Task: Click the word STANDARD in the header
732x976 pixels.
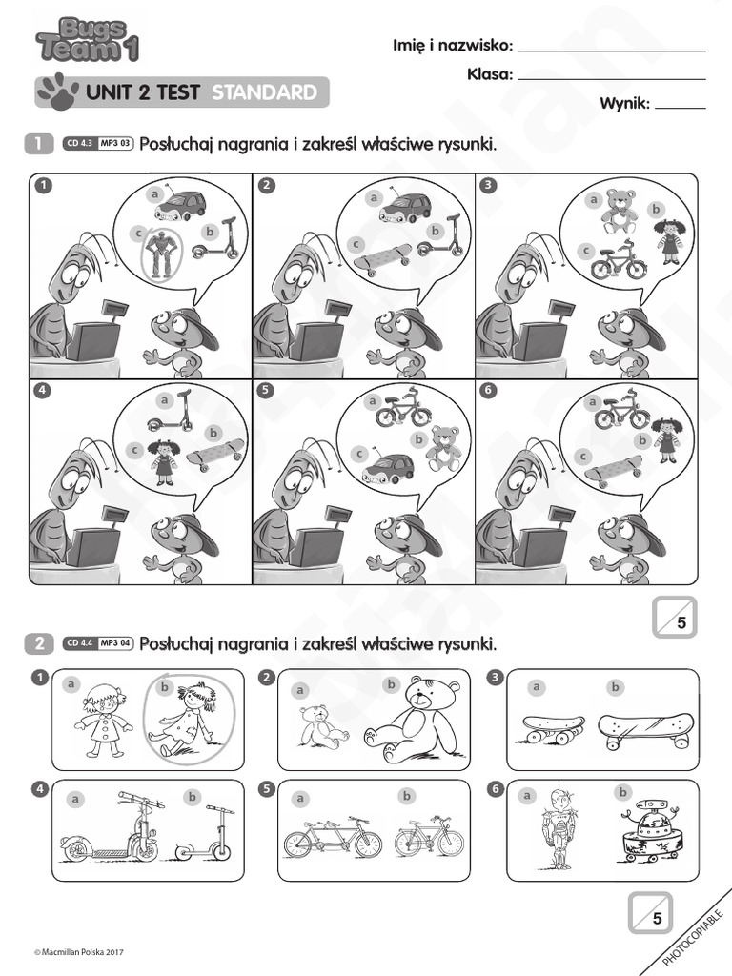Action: [264, 92]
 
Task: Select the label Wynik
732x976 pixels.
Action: [624, 104]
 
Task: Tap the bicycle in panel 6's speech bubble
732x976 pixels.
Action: [621, 412]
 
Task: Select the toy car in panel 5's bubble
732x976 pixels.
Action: [388, 468]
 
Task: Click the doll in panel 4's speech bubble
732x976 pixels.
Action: [164, 462]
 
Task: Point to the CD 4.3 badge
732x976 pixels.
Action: [79, 145]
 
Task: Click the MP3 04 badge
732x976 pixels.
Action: [115, 643]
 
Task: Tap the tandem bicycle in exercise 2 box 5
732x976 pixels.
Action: [333, 836]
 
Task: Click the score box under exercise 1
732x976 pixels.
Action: [675, 618]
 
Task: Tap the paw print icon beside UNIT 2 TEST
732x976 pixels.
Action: [56, 91]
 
